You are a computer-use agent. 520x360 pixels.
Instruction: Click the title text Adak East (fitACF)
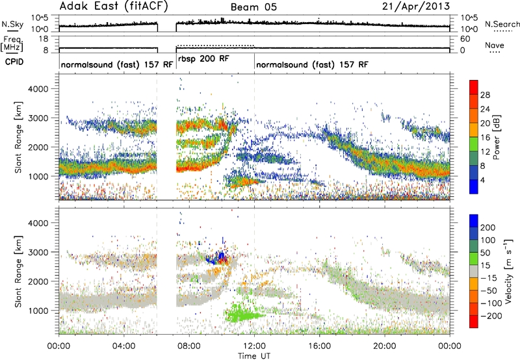(114, 6)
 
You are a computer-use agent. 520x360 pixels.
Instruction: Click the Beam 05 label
(253, 7)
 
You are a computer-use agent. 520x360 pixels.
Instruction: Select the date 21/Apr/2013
(416, 6)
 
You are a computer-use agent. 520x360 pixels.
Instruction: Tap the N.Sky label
(12, 24)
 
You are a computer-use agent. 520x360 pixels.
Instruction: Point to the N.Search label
(502, 24)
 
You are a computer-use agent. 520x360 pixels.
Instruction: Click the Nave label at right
(495, 45)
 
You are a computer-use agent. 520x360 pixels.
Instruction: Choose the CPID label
(14, 62)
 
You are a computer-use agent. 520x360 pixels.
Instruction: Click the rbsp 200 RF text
(203, 59)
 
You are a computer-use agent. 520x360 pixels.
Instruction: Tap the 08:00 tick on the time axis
(189, 346)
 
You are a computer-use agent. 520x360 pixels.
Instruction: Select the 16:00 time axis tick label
(319, 346)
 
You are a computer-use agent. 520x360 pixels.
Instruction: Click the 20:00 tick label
(385, 346)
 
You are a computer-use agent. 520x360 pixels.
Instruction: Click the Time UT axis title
(254, 356)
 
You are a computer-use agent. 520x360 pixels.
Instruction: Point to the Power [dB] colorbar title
(497, 137)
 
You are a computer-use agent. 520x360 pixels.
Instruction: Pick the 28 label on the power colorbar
(485, 95)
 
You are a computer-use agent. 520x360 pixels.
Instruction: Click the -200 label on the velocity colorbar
(491, 316)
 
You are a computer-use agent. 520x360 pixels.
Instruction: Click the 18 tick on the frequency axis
(44, 39)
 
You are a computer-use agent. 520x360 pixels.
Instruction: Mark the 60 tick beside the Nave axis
(465, 39)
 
